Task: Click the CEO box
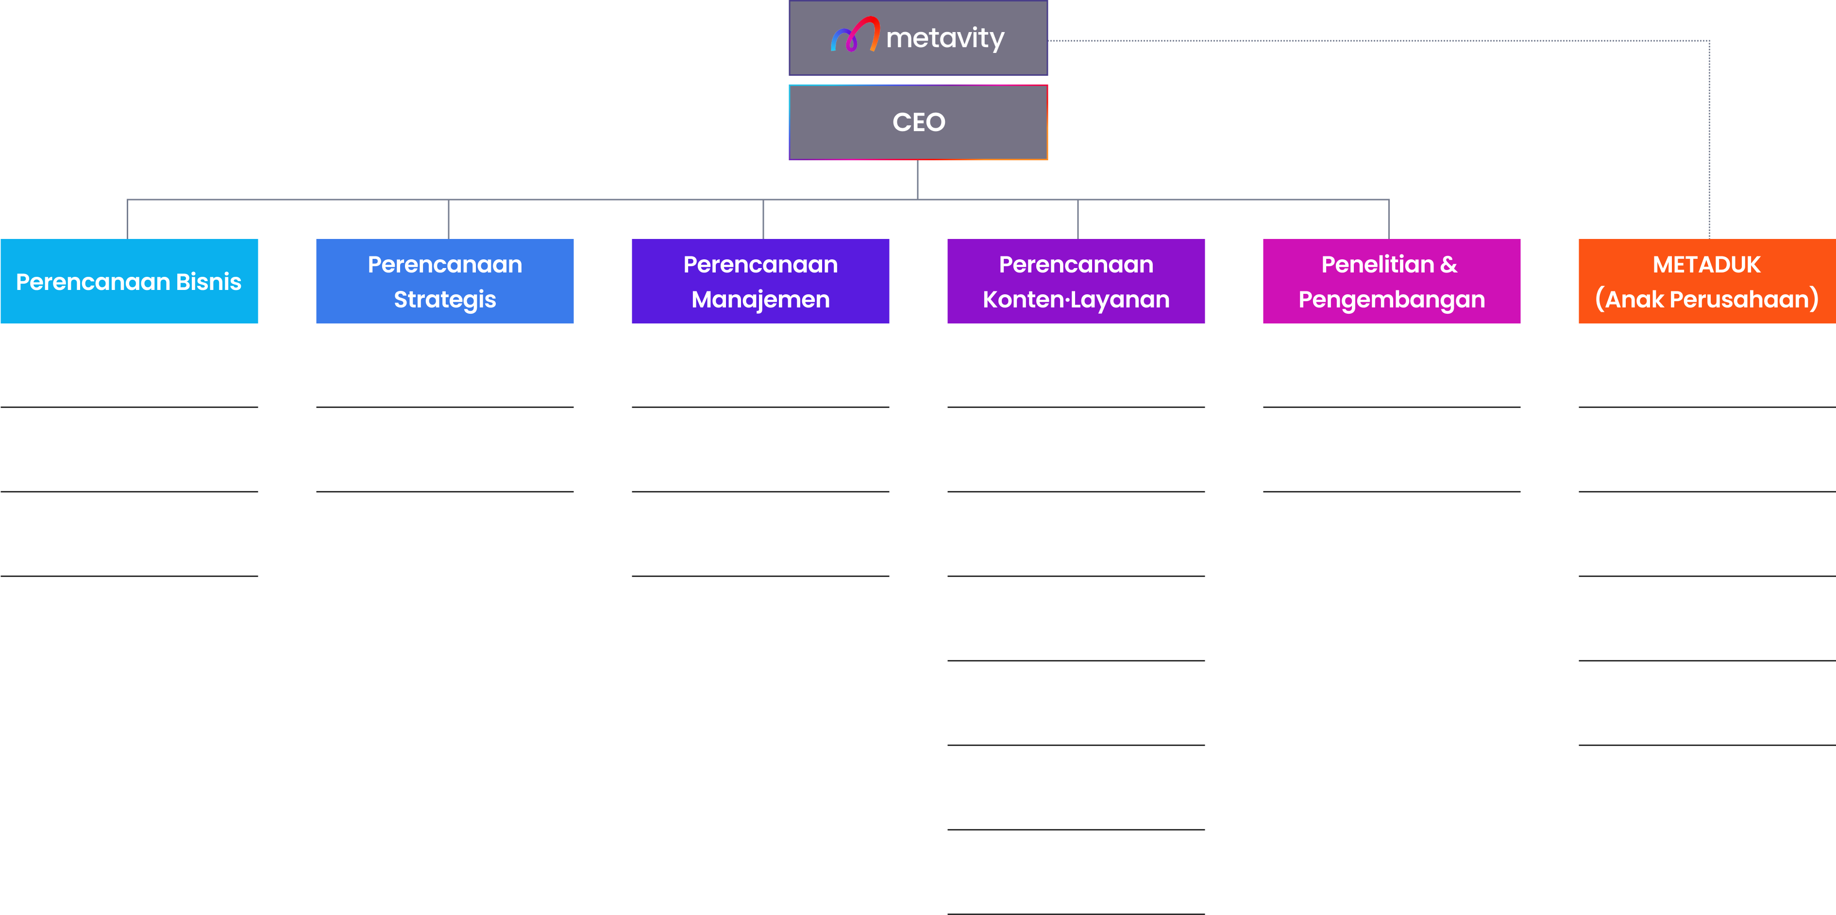pyautogui.click(x=918, y=122)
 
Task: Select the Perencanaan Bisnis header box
pyautogui.click(x=129, y=282)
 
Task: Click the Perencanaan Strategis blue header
pyautogui.click(x=445, y=282)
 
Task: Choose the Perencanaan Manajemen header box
pyautogui.click(x=760, y=282)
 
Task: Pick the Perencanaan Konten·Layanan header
pyautogui.click(x=1076, y=282)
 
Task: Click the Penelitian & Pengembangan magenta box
pyautogui.click(x=1391, y=282)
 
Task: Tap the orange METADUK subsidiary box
pyautogui.click(x=1706, y=282)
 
